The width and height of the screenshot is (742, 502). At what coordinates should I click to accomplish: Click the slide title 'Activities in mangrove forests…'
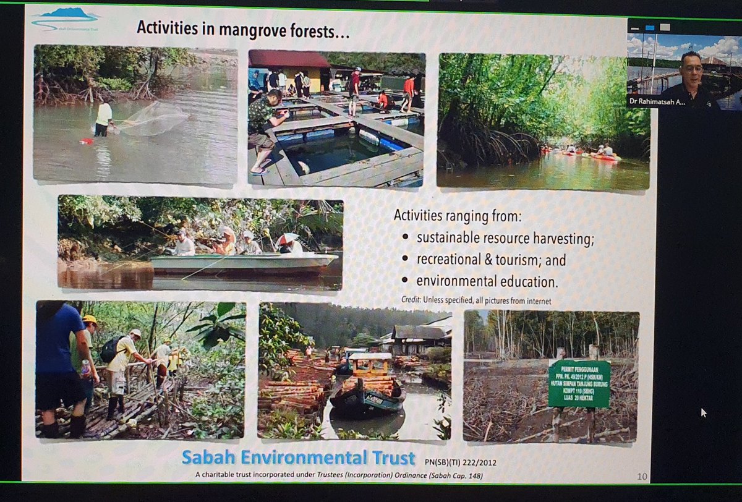click(243, 29)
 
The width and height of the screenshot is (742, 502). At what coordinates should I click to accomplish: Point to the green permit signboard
click(579, 384)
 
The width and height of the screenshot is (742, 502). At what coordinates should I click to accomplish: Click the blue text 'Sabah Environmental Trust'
click(299, 458)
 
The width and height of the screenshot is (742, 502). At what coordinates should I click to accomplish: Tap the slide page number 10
click(642, 476)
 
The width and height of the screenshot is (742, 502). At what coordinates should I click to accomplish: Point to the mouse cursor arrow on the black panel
click(704, 412)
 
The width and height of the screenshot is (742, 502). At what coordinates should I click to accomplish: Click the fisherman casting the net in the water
click(104, 117)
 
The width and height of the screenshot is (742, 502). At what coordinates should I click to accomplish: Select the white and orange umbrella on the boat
click(288, 238)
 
